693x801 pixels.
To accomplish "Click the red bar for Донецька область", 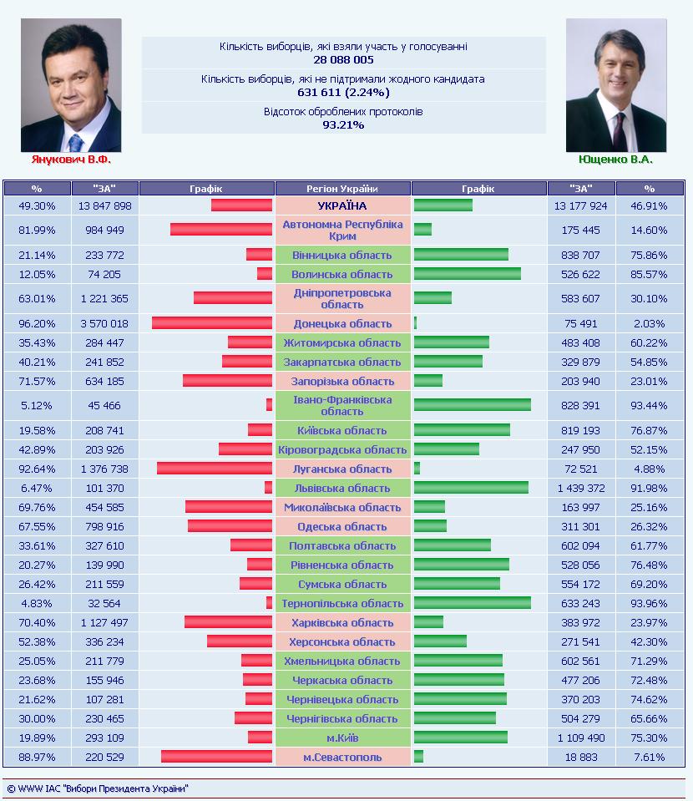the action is click(212, 323).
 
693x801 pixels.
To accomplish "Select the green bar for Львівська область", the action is click(472, 487).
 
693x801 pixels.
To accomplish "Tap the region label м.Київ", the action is click(342, 738).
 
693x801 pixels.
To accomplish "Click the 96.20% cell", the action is click(37, 323).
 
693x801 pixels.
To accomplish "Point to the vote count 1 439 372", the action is click(581, 488).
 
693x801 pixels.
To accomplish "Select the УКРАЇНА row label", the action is click(342, 205).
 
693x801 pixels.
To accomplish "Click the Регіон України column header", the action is click(342, 189).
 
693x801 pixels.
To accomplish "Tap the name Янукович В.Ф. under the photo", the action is click(71, 160).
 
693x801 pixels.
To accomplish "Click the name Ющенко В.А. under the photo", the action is click(616, 160).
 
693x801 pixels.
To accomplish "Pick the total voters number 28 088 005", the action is click(343, 60).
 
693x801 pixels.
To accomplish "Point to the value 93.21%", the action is click(343, 124).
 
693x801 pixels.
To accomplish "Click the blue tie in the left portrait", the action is click(76, 143).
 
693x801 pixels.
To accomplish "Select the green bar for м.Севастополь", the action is click(419, 757).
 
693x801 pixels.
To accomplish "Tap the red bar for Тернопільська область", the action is click(269, 603).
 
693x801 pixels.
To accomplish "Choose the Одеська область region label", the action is click(342, 527).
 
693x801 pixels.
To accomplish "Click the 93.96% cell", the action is click(649, 603).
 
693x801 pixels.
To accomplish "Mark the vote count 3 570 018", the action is click(104, 323).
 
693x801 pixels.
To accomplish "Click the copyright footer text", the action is click(98, 788).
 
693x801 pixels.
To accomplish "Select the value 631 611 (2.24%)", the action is click(343, 93).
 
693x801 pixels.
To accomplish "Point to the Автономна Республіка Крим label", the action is click(342, 230).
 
